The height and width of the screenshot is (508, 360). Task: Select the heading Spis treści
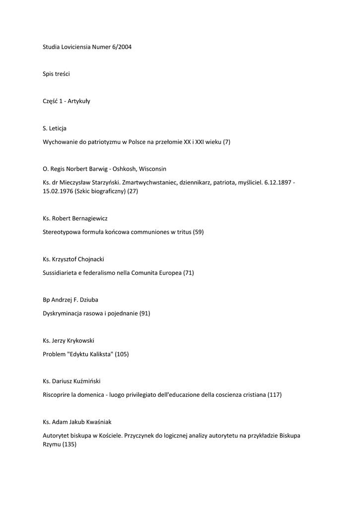[x=56, y=74]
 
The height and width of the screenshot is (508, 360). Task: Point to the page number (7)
[x=226, y=142]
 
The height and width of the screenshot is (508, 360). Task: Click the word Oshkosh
[x=125, y=169]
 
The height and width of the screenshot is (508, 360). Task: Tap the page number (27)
[x=133, y=191]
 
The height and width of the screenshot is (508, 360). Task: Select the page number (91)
[x=144, y=313]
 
